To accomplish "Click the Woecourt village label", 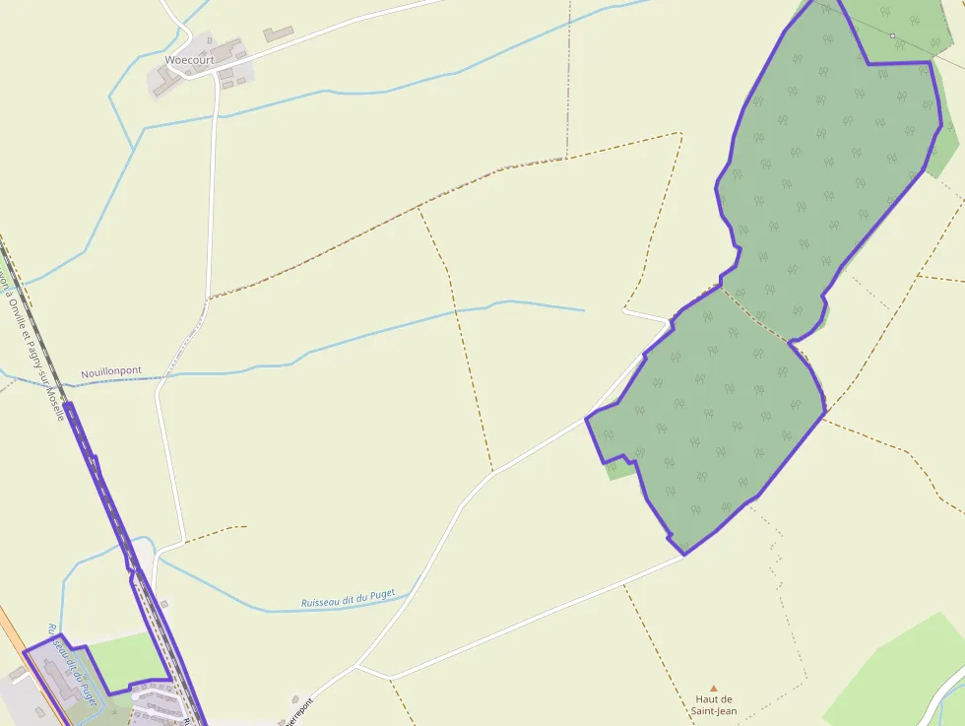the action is coord(189,60).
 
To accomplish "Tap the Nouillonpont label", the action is coord(110,371).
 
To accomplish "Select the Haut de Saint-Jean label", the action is coord(714,704).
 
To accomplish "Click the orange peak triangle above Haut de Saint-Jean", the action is coord(714,689).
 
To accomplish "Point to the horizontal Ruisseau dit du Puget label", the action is coord(348,598).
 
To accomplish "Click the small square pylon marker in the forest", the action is coord(892,36).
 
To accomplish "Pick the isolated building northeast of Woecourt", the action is coord(278,34).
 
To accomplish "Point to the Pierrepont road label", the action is coord(299,712).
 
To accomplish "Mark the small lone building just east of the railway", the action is coord(163,604).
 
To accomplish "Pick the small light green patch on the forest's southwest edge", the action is coord(618,469).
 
